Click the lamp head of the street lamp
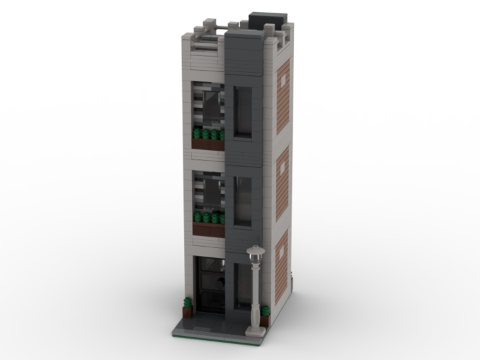point(255,253)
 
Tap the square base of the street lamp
point(255,330)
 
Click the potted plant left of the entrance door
point(188,307)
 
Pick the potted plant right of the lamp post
point(265,311)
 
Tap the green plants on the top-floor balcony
point(208,135)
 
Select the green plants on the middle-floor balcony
point(208,218)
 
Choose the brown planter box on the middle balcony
point(208,229)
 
